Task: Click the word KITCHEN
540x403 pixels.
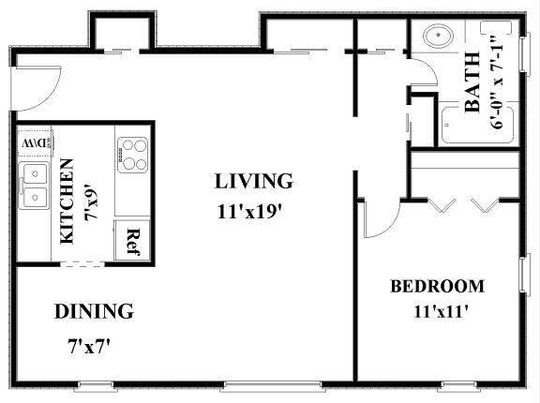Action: pyautogui.click(x=67, y=201)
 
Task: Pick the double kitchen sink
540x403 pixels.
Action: pyautogui.click(x=36, y=185)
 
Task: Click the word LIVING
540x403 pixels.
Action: pyautogui.click(x=253, y=180)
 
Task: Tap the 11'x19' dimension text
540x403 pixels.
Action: pyautogui.click(x=247, y=211)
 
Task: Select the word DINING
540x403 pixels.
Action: pyautogui.click(x=93, y=311)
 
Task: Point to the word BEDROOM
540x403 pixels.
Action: pyautogui.click(x=437, y=286)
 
